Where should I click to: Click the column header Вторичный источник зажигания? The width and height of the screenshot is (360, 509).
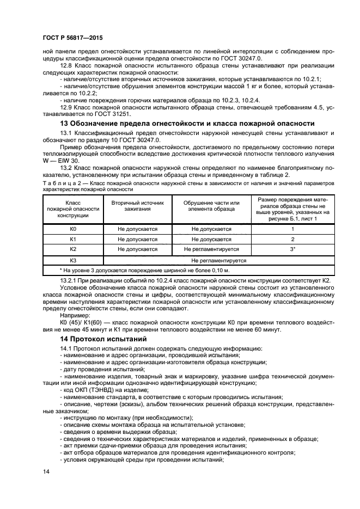point(137,204)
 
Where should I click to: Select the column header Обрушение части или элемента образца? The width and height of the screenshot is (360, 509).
point(211,204)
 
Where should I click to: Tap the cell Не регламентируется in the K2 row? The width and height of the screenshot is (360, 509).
point(211,249)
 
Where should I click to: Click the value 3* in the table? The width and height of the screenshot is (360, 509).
point(292,249)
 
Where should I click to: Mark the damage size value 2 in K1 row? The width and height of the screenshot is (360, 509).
point(292,239)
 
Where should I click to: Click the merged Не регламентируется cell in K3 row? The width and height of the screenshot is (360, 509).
point(211,260)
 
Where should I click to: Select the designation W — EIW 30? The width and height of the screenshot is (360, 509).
point(61,161)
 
